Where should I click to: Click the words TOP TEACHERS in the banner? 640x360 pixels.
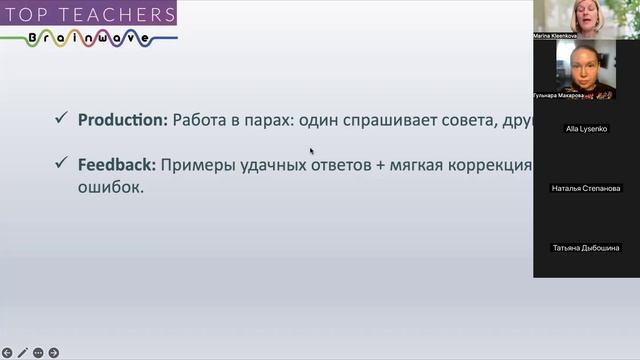(x=87, y=13)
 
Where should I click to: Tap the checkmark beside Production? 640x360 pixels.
(x=61, y=120)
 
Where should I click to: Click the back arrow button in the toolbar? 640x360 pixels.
(x=7, y=353)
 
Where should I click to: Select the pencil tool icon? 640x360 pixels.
(x=22, y=353)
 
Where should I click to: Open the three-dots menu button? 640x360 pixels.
(x=38, y=353)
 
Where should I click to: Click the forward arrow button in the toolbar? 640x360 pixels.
(x=53, y=353)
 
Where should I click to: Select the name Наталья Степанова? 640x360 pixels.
(x=586, y=188)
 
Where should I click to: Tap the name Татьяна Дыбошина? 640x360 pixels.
(x=586, y=247)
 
